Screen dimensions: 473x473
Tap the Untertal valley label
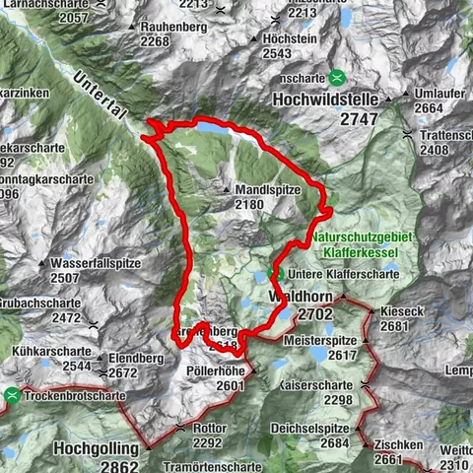[x=100, y=94]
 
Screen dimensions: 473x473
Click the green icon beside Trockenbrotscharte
[x=12, y=395]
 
